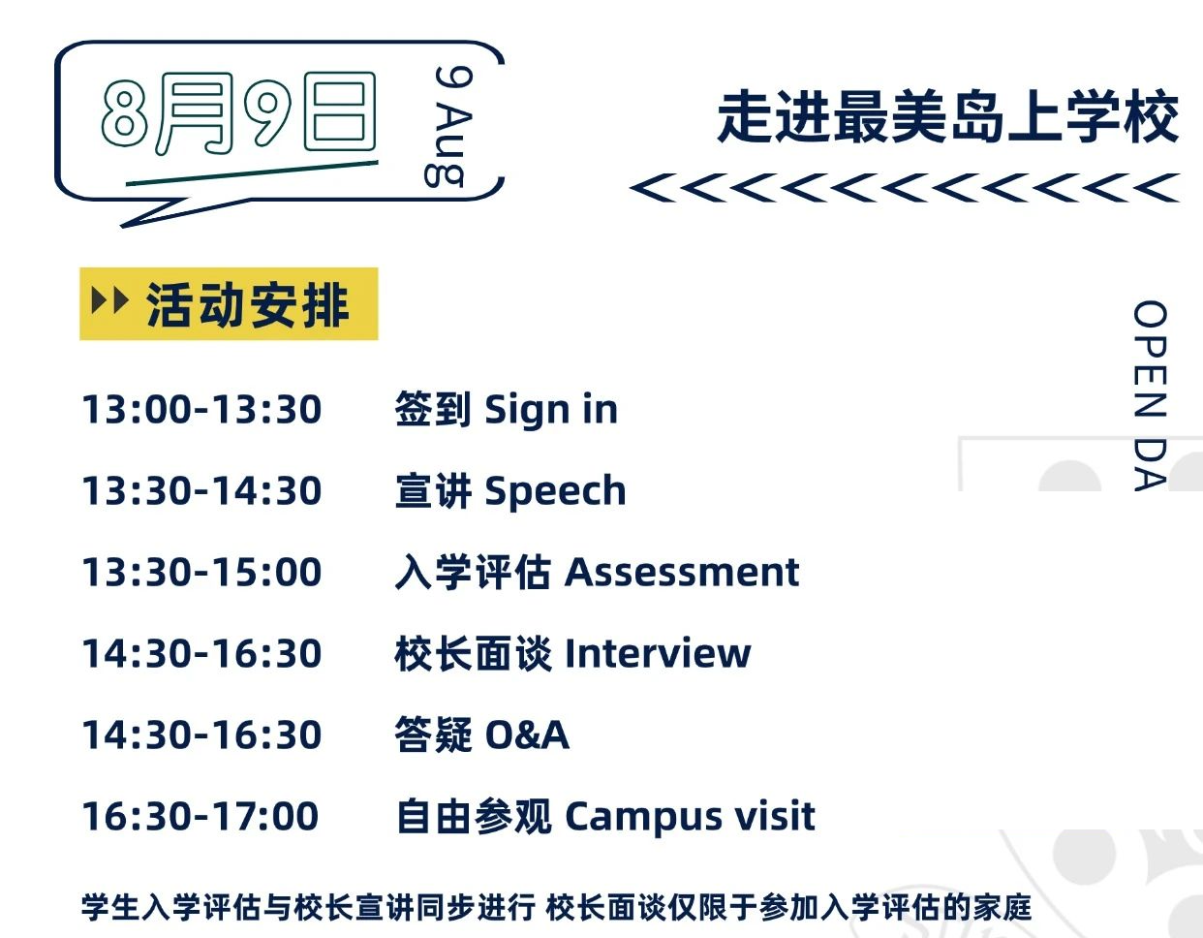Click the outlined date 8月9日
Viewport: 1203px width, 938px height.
[x=238, y=113]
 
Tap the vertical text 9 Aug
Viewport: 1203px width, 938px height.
[x=448, y=126]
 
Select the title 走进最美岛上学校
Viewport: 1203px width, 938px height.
[x=947, y=117]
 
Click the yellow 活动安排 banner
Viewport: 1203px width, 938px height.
[x=229, y=303]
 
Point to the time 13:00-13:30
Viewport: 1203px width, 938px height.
[x=201, y=410]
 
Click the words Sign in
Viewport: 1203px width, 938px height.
[x=551, y=411]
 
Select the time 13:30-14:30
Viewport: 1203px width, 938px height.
[x=201, y=490]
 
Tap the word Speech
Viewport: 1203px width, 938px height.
[x=555, y=491]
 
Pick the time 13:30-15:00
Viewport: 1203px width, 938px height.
[x=201, y=572]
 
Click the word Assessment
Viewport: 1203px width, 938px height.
[x=682, y=572]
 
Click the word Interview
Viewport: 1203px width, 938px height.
[x=658, y=653]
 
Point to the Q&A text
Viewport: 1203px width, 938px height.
[x=527, y=735]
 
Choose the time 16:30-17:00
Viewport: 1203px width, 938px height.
[x=200, y=816]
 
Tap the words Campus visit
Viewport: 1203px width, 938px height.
[x=690, y=817]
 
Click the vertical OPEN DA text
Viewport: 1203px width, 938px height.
[x=1150, y=395]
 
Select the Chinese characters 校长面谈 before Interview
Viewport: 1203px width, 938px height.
[x=474, y=653]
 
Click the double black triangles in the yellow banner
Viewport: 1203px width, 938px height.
[x=109, y=300]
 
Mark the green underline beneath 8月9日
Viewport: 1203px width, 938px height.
[x=252, y=173]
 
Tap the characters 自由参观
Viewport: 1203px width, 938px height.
[x=475, y=816]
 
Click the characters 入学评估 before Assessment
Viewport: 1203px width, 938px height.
[x=474, y=572]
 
